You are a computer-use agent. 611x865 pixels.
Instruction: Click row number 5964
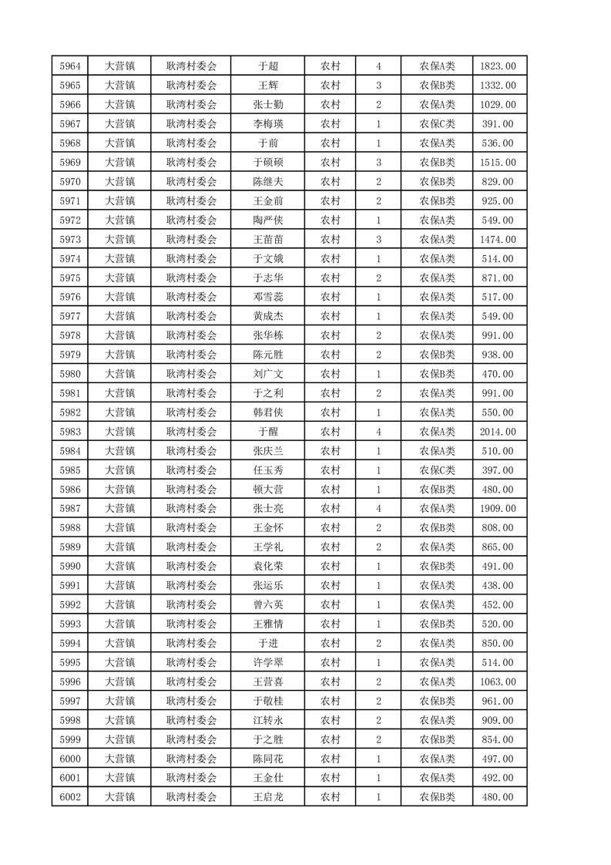point(70,66)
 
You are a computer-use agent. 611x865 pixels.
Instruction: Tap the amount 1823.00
point(498,66)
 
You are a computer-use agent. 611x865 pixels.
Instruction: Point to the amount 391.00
point(498,124)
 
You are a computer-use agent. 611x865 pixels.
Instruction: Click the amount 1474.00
point(498,240)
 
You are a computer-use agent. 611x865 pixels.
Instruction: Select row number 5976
point(70,297)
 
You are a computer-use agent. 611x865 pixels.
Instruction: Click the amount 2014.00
point(498,432)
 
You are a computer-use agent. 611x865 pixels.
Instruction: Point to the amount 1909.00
point(498,509)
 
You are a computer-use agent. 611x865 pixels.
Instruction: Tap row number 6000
point(70,759)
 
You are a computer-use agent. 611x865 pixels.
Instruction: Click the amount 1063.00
point(498,682)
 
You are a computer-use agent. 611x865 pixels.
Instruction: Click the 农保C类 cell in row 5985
point(437,470)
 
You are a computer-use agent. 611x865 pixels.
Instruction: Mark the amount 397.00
point(498,470)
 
